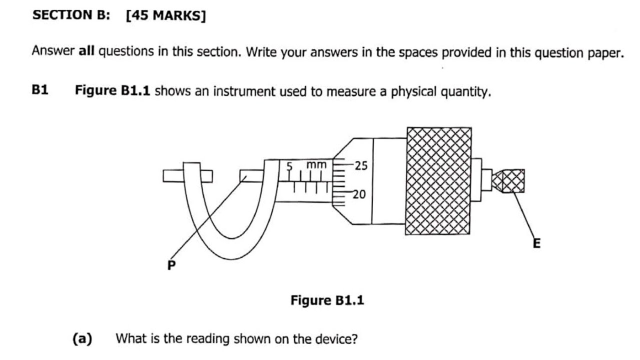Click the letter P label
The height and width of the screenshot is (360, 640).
click(171, 265)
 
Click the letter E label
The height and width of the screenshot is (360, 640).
click(537, 243)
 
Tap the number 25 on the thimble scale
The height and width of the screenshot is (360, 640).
click(361, 165)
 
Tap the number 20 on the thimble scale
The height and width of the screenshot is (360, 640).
click(359, 194)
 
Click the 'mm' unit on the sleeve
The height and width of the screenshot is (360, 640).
click(316, 165)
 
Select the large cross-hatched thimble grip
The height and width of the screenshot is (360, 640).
click(438, 181)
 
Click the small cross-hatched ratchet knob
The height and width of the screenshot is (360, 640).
click(508, 181)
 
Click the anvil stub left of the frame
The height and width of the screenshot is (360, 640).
click(173, 176)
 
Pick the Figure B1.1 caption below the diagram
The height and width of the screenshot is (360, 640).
click(327, 300)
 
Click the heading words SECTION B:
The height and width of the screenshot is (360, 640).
click(71, 15)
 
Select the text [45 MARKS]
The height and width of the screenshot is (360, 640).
click(165, 15)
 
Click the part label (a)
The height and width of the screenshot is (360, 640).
click(82, 338)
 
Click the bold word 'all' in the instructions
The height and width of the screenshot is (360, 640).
click(86, 51)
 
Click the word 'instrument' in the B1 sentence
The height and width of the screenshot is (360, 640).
click(245, 91)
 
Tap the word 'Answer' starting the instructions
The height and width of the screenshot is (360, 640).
click(53, 50)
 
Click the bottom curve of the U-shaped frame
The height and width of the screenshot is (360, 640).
click(231, 249)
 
